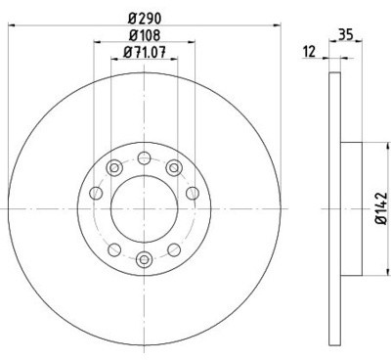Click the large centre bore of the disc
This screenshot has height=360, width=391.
pyautogui.click(x=144, y=207)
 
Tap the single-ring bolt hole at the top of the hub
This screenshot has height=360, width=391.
pyautogui.click(x=144, y=157)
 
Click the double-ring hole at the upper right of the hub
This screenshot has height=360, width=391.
pyautogui.click(x=174, y=165)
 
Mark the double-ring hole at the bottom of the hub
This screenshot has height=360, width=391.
pyautogui.click(x=144, y=258)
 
